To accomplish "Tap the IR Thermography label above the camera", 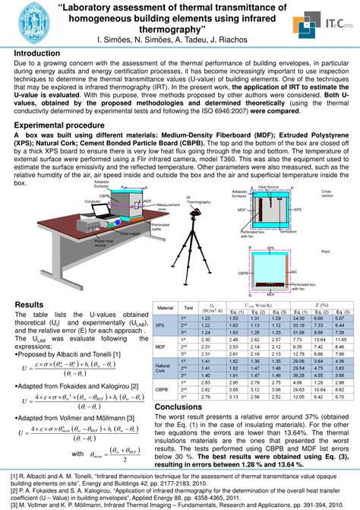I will [198, 200].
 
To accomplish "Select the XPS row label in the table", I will [160, 325].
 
